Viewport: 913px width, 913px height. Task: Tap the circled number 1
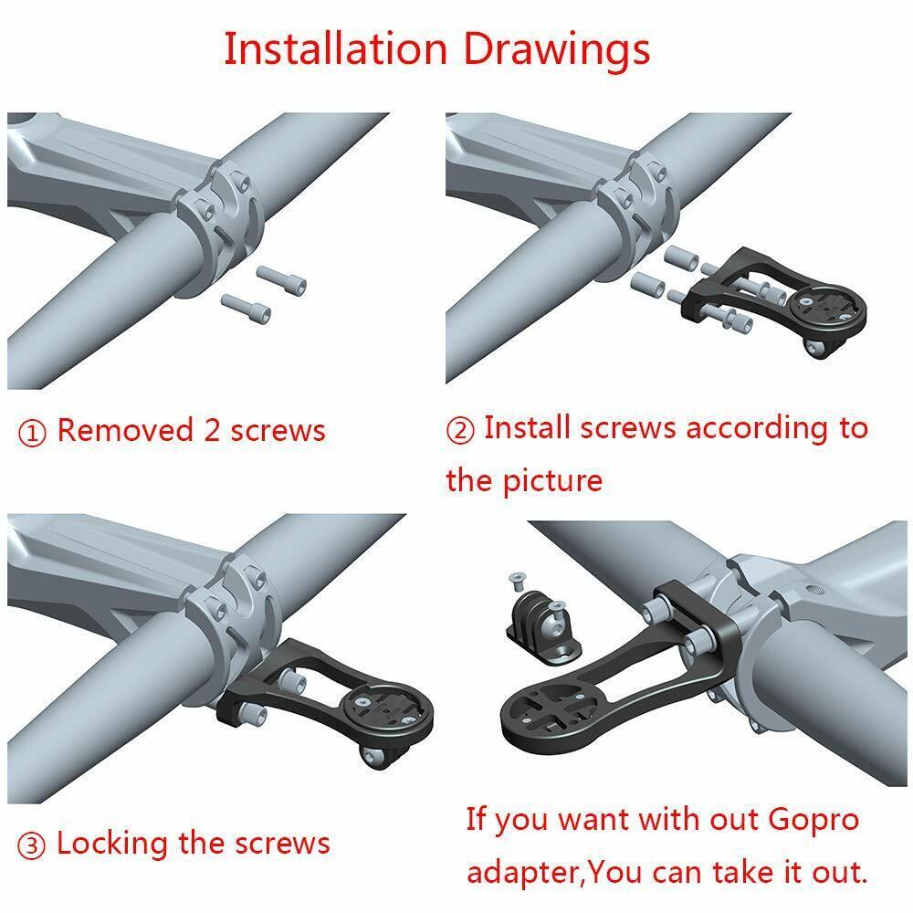32,433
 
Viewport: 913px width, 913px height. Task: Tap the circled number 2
459,430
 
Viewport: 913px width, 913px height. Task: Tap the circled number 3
32,845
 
